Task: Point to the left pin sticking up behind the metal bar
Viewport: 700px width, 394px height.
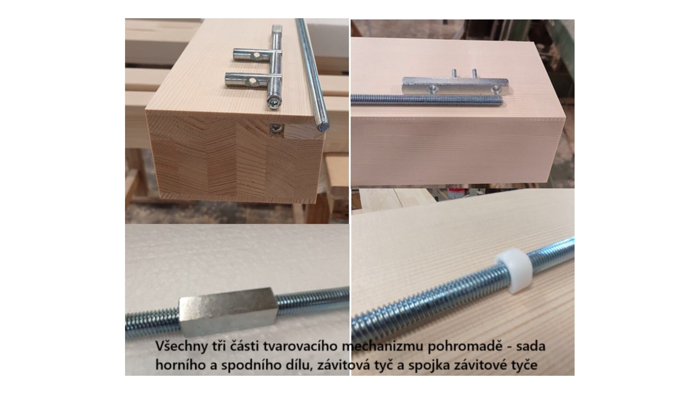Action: click(454, 73)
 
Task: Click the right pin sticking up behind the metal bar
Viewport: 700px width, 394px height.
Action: click(475, 73)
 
